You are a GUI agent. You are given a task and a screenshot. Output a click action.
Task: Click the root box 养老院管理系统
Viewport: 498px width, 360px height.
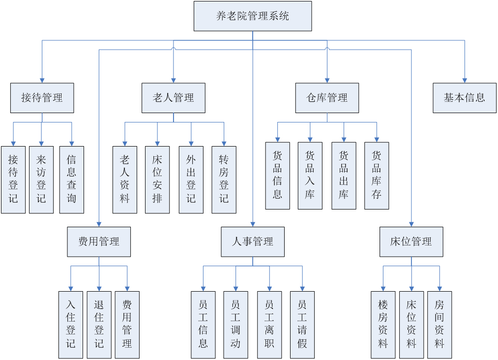253,16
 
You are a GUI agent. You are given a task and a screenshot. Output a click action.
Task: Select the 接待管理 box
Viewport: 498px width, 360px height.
42,98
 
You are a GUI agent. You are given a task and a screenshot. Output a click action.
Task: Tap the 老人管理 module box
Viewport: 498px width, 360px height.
174,98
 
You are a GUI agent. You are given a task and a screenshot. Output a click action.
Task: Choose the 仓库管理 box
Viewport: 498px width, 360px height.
327,98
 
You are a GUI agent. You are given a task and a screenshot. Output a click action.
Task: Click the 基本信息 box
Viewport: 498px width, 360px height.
465,98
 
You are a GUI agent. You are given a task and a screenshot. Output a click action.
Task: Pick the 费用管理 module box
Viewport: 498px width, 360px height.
99,241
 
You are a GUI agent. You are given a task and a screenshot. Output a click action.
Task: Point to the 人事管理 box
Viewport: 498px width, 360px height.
253,241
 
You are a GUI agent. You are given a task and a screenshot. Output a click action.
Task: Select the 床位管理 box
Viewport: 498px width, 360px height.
411,241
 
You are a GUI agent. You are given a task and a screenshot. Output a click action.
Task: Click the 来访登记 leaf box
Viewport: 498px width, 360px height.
41,180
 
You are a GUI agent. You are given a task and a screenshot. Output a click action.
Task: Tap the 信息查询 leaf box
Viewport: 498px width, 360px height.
72,180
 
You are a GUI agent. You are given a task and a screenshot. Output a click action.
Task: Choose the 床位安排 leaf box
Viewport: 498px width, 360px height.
157,180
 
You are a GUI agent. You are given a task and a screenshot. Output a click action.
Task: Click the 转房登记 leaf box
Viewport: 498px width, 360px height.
224,180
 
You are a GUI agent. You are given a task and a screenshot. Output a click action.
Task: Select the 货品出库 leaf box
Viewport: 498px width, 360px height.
344,176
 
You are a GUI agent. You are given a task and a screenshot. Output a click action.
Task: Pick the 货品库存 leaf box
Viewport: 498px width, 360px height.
377,176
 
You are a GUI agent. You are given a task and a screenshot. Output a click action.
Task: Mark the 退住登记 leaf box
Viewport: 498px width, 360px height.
99,325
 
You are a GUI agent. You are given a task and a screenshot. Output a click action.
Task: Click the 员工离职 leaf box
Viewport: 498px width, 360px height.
269,325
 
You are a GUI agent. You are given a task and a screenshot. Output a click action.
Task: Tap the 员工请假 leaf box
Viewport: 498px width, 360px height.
302,325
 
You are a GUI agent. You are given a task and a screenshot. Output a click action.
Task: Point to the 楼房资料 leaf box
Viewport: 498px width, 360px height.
383,325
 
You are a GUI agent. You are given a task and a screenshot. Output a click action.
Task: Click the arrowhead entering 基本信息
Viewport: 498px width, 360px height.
465,80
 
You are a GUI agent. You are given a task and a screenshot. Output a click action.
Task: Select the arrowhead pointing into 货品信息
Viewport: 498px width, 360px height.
278,139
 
